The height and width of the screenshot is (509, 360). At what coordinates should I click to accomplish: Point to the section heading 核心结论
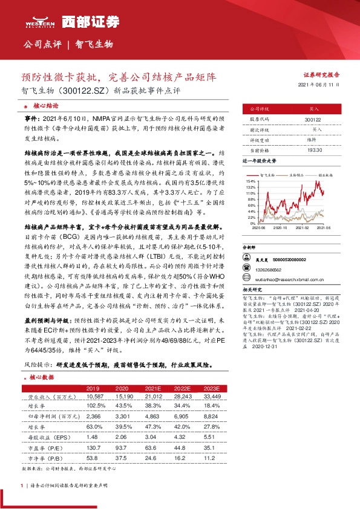point(45,104)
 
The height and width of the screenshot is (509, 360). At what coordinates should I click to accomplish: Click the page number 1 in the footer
point(22,485)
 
